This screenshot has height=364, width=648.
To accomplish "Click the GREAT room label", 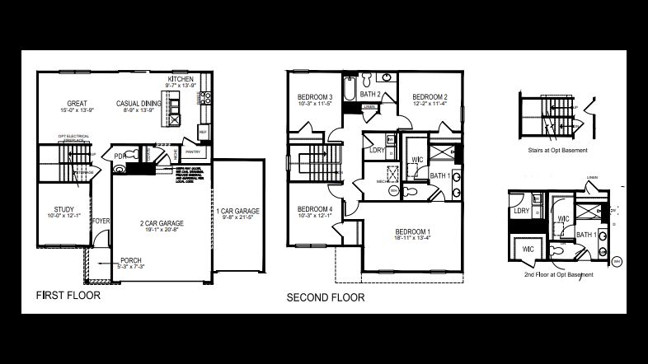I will click(77, 103).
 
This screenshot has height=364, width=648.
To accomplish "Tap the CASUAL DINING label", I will click(139, 103).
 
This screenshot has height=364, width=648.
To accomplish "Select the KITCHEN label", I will click(181, 79).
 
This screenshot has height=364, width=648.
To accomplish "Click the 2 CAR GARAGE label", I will click(160, 223).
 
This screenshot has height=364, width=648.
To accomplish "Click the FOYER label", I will click(101, 221).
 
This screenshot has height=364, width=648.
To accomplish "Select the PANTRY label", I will click(193, 152).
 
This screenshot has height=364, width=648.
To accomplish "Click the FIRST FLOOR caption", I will click(68, 294).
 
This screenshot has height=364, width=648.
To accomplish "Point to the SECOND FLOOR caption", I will click(324, 297).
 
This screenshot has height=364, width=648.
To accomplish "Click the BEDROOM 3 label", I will click(315, 97).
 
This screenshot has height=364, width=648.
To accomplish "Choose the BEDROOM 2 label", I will click(430, 96).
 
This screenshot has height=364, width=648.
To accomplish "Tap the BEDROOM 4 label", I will click(315, 209).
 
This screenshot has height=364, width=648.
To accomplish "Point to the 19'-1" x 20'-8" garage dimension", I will click(160, 231).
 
